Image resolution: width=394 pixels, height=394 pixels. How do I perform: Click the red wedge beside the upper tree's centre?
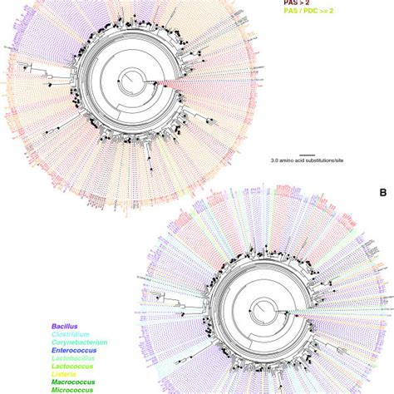(x=150, y=82)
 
